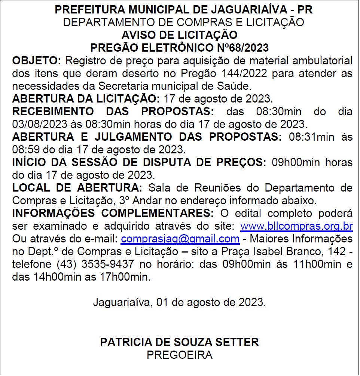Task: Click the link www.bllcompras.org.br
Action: [296, 227]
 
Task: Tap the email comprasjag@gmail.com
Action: [180, 239]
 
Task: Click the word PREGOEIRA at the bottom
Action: [180, 355]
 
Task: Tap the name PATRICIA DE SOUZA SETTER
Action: [180, 342]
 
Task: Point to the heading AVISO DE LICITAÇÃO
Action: [180, 35]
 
